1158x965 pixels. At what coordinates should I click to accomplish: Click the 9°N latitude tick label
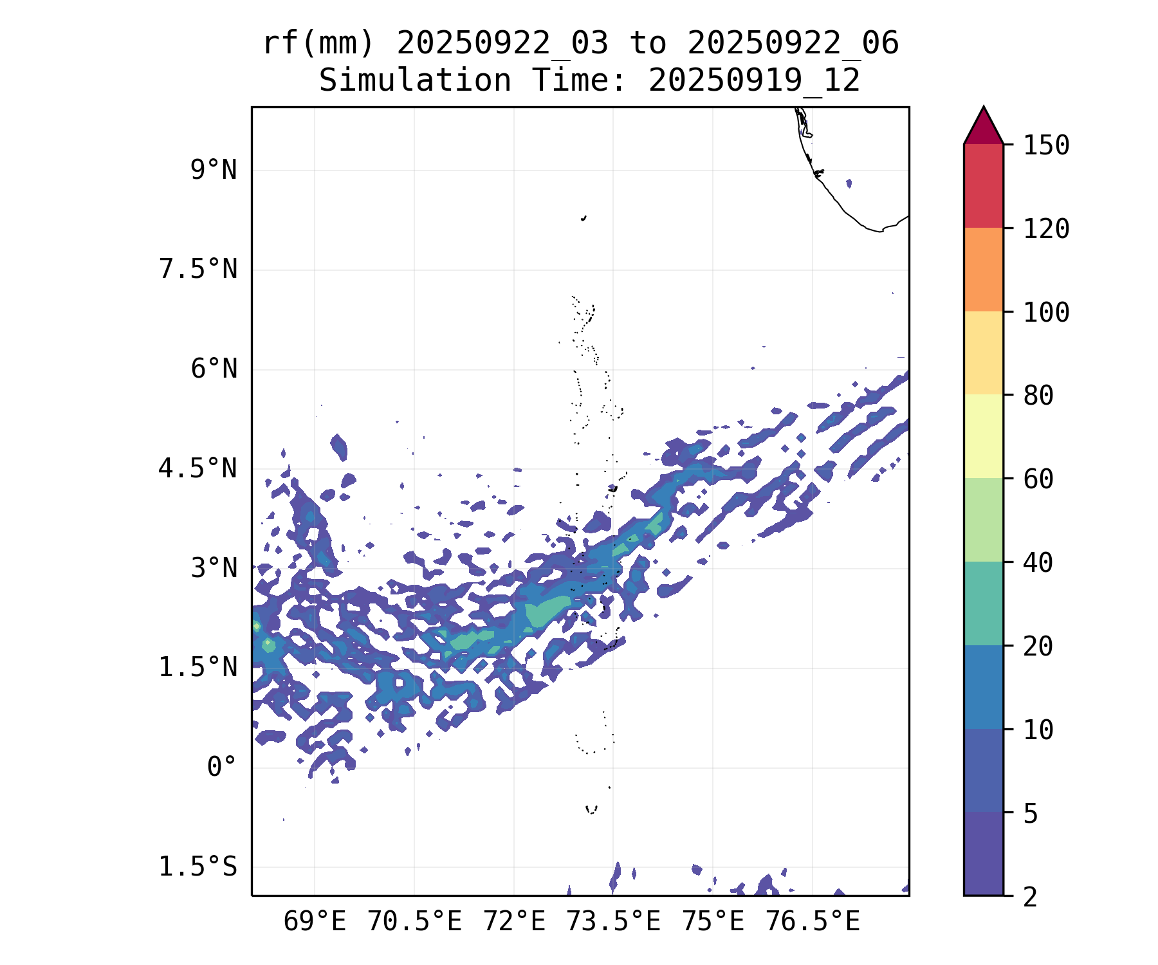click(x=214, y=170)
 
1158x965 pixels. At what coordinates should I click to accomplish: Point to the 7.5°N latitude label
click(x=198, y=270)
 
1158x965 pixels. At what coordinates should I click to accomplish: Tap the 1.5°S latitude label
click(x=198, y=867)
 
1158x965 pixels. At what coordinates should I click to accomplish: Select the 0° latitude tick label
click(x=222, y=767)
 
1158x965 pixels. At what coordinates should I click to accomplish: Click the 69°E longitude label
click(x=315, y=922)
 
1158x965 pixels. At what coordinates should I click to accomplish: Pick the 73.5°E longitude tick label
click(x=613, y=922)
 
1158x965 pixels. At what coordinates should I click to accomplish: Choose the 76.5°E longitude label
click(x=813, y=922)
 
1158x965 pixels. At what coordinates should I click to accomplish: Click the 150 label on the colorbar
click(x=1046, y=145)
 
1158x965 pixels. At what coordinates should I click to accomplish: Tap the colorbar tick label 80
click(x=1038, y=396)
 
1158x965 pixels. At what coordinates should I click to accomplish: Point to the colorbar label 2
click(x=1031, y=897)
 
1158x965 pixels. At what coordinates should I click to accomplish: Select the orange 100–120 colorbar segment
click(x=983, y=270)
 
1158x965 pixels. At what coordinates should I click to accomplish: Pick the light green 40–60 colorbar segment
click(x=983, y=520)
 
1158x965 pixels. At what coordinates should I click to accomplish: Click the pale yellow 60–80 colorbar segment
click(x=983, y=436)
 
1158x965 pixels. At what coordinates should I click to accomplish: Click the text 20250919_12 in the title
click(x=754, y=81)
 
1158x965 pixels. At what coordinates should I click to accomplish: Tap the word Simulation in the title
click(x=415, y=81)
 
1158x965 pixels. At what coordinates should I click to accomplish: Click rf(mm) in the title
click(x=319, y=44)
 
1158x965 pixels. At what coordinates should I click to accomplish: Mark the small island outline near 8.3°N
click(x=584, y=218)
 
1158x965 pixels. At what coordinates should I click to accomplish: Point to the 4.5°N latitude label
click(x=198, y=469)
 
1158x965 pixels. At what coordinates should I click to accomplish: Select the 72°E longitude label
click(x=514, y=922)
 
